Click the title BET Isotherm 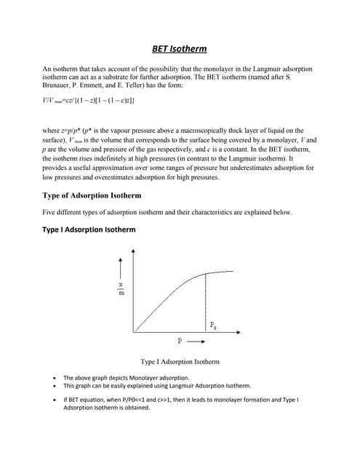[179, 49]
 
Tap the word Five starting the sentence [52, 213]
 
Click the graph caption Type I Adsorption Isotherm [180, 361]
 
